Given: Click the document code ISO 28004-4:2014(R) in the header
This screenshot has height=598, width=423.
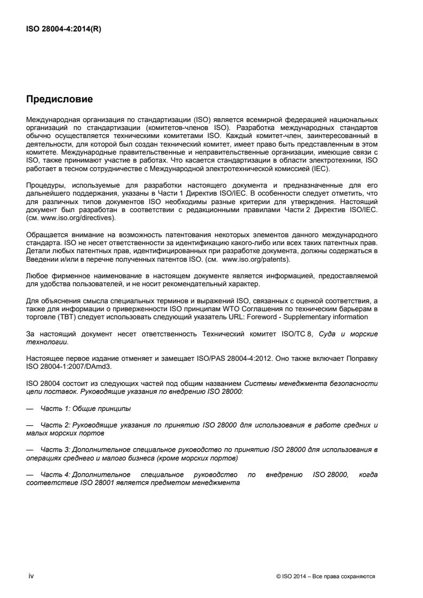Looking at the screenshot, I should tap(64, 29).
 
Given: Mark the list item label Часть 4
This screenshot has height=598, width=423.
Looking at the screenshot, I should tap(55, 474).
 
